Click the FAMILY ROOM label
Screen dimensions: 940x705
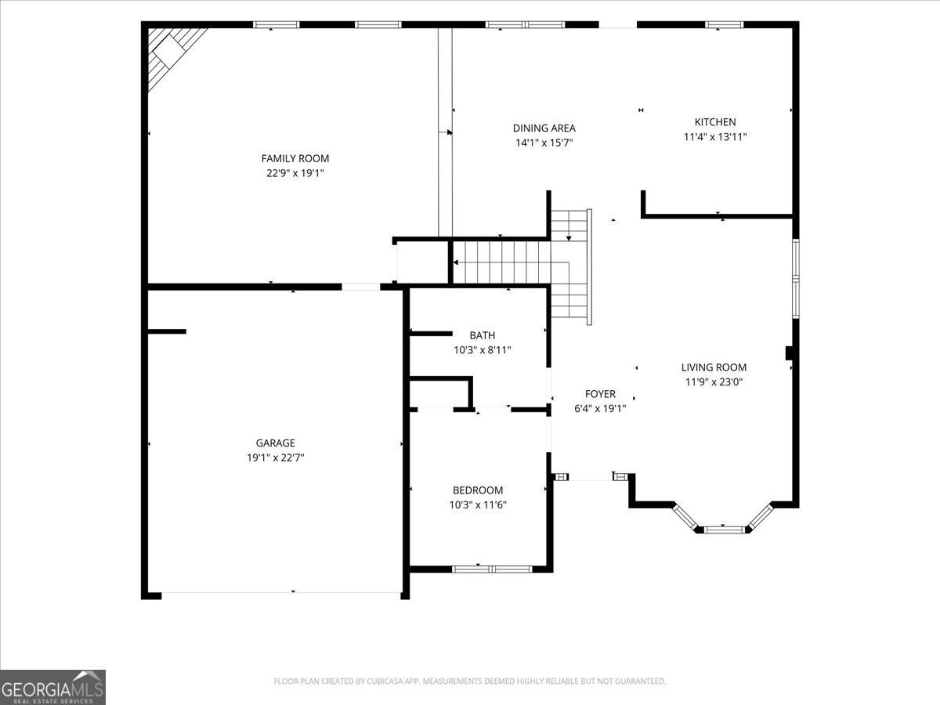click(x=295, y=158)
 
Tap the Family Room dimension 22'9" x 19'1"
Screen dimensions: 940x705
click(x=295, y=173)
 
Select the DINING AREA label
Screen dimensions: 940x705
click(x=544, y=128)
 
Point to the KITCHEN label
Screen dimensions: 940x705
click(x=715, y=122)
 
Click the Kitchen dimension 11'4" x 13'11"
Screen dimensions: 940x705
click(x=715, y=137)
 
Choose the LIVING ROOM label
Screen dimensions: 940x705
click(x=714, y=367)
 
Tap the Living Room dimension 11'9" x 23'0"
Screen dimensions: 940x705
click(x=714, y=381)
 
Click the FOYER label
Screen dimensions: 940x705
click(x=600, y=394)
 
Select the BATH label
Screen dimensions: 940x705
click(x=483, y=335)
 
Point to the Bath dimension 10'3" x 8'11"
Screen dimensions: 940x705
click(x=483, y=350)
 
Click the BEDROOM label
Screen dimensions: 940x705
click(x=478, y=490)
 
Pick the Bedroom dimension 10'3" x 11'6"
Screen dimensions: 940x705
click(x=478, y=505)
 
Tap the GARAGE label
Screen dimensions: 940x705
click(x=276, y=443)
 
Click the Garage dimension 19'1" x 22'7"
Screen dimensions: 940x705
click(x=276, y=458)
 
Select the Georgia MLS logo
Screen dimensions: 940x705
click(x=52, y=687)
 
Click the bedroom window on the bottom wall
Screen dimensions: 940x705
click(x=492, y=569)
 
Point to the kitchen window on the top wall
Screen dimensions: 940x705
click(x=724, y=25)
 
